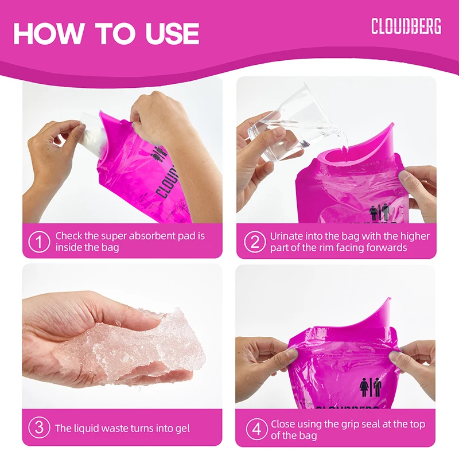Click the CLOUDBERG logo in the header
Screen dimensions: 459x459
click(x=406, y=26)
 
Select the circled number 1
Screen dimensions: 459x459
click(x=39, y=242)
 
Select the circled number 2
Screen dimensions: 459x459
click(x=255, y=242)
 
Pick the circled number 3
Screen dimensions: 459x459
click(x=39, y=428)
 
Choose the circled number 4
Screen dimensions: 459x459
click(x=255, y=428)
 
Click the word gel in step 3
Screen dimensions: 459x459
click(x=181, y=428)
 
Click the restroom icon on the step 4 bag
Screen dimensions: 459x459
click(x=370, y=387)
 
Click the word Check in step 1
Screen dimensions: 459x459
click(x=68, y=236)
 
